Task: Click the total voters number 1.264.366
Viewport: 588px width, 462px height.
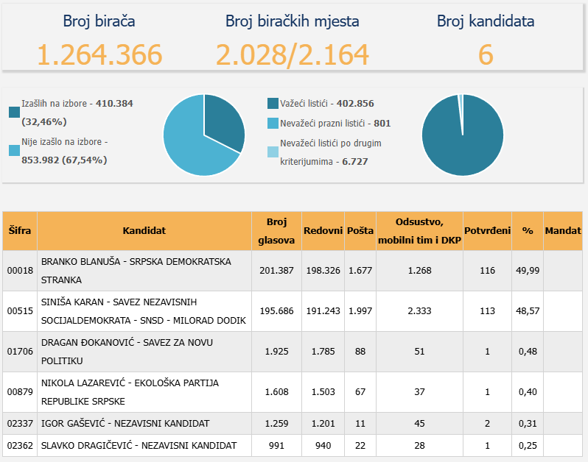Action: [x=99, y=54]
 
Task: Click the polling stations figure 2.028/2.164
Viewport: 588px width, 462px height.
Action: [x=293, y=54]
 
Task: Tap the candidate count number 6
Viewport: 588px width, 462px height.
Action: [x=485, y=54]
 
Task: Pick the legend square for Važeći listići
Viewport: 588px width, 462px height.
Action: [x=273, y=103]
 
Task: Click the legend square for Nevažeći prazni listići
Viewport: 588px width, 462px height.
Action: [x=273, y=123]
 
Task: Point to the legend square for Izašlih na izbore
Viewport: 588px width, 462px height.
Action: [x=14, y=112]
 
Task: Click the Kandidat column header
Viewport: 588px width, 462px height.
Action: [x=144, y=230]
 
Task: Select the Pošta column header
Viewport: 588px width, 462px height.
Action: [x=360, y=230]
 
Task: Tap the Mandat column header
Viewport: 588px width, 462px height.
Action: [x=563, y=230]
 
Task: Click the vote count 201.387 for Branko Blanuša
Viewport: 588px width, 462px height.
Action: [x=276, y=270]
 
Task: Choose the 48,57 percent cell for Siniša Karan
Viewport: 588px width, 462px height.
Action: [x=528, y=310]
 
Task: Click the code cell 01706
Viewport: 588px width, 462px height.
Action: [x=20, y=351]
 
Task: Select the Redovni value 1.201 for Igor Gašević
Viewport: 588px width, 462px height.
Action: [x=323, y=423]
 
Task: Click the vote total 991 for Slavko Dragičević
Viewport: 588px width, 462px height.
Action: [x=276, y=445]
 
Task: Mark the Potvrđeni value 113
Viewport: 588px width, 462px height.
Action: [x=487, y=310]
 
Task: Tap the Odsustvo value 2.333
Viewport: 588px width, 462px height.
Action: [x=419, y=310]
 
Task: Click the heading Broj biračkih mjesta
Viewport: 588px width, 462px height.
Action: [x=293, y=21]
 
